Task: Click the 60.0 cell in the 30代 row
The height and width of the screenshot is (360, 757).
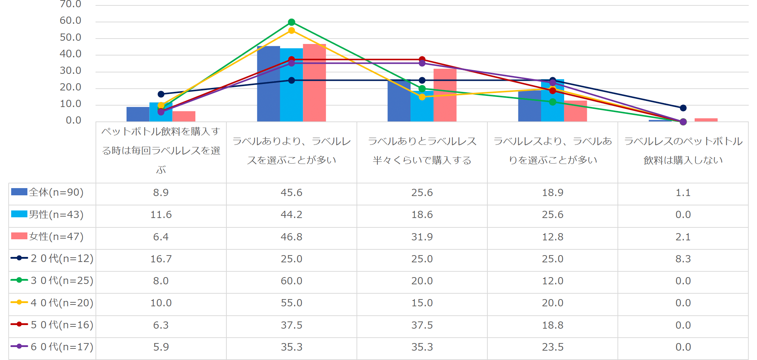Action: coord(291,281)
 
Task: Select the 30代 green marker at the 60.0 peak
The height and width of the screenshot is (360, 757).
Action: coord(292,22)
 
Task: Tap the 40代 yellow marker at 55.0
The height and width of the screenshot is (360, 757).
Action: coord(292,31)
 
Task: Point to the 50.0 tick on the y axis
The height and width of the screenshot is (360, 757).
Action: coord(70,37)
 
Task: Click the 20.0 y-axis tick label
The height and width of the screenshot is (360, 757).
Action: coord(70,87)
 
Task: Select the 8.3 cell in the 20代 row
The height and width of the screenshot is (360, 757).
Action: coord(683,259)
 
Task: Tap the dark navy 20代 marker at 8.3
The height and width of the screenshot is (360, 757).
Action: coord(683,108)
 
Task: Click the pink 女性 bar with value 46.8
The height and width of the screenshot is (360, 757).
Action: coord(314,83)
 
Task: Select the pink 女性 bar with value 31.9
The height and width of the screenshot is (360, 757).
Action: coord(445,95)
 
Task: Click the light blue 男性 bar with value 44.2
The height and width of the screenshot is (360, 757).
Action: coord(291,85)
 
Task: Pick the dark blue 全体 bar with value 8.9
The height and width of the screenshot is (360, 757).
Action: coord(138,114)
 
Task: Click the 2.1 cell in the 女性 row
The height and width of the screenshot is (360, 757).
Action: coord(683,237)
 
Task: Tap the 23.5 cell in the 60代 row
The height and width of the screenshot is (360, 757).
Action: coord(552,347)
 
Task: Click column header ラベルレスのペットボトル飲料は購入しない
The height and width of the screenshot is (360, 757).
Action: coord(683,151)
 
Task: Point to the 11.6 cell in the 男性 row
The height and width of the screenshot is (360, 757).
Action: coord(161,215)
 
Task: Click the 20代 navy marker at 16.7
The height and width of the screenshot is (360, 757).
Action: coord(161,94)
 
